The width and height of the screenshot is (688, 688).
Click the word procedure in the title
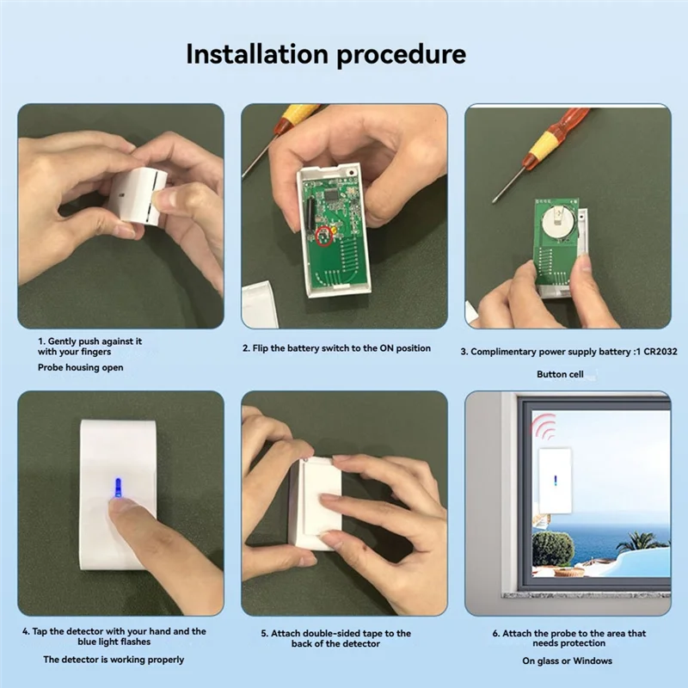click(401, 56)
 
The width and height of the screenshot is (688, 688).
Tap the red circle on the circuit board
click(325, 235)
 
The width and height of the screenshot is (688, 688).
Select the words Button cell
click(563, 374)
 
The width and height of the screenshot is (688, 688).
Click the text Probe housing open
click(80, 367)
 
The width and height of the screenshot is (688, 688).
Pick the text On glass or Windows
click(567, 660)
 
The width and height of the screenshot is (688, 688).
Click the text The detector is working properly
click(114, 660)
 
